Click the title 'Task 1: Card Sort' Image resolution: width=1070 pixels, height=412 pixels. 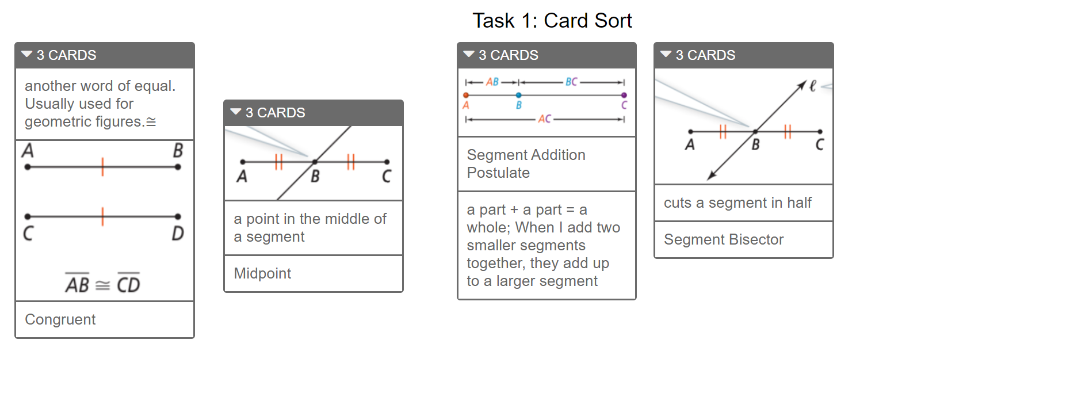point(552,21)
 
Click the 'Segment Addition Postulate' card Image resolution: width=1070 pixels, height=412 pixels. point(547,164)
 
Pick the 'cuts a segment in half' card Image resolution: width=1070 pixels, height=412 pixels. point(744,203)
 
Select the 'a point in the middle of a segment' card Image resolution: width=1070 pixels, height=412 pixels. point(314,228)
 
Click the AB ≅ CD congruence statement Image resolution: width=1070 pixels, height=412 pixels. point(102,283)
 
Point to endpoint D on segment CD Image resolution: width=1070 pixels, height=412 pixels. point(178,217)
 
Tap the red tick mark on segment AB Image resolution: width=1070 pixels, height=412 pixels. point(102,167)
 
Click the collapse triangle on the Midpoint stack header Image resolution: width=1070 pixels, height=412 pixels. point(236,112)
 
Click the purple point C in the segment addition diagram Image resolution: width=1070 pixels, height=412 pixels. point(624,95)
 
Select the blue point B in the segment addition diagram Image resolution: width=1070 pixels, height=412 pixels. point(519,95)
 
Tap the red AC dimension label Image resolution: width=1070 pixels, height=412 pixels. point(545,119)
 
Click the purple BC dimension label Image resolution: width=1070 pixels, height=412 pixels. point(571,82)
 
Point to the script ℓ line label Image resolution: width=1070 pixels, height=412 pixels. point(812,86)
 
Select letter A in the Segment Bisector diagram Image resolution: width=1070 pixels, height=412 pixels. point(690,144)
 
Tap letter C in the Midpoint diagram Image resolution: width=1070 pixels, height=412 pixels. point(387,176)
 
